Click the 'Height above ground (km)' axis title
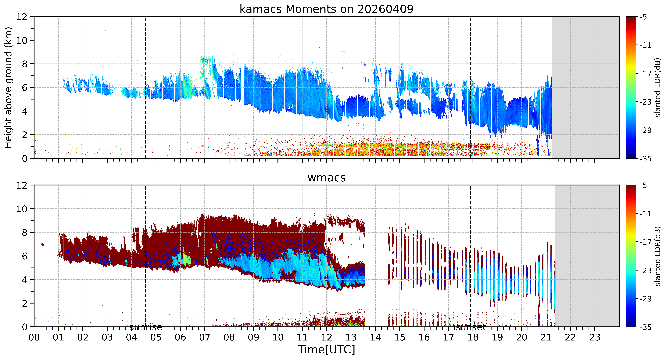(x=9, y=87)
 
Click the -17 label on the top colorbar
(x=646, y=74)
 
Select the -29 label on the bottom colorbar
(x=646, y=299)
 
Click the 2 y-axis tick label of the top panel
(x=25, y=135)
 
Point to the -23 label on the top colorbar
(x=646, y=102)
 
